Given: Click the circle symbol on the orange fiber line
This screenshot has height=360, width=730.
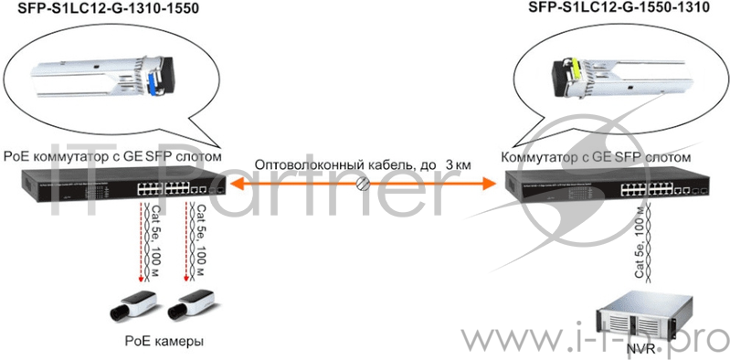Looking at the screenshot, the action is (363, 185).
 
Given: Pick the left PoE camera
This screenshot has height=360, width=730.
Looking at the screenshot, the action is (133, 303).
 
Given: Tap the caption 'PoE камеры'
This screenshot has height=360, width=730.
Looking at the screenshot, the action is (164, 341).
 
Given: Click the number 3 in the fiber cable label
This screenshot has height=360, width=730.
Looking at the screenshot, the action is (450, 164).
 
